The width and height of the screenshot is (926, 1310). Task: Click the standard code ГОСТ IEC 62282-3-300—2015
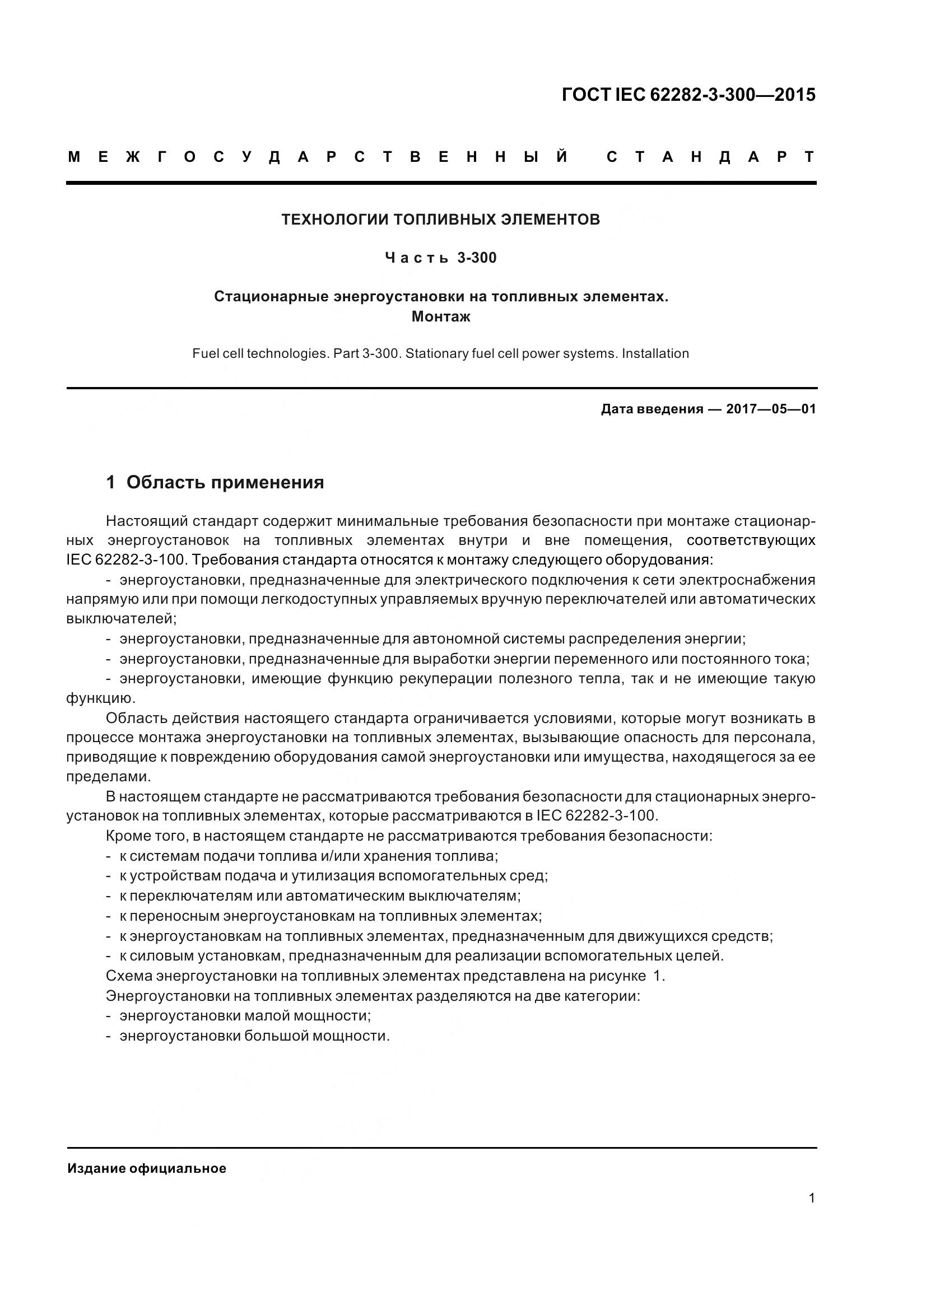coord(688,95)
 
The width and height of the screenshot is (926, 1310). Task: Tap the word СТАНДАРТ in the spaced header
coord(710,157)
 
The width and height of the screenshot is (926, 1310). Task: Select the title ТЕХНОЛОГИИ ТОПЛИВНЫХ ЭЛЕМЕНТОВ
coord(440,220)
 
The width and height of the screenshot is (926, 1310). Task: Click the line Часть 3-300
coord(440,258)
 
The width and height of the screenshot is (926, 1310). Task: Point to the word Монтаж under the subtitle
coord(440,316)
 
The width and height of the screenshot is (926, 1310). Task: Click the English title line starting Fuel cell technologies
coord(440,354)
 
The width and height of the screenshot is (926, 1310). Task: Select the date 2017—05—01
coord(770,409)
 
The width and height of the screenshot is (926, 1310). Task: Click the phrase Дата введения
coord(652,409)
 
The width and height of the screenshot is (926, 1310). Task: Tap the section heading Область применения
coord(225,483)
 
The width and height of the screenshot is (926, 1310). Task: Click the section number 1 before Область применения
coord(111,483)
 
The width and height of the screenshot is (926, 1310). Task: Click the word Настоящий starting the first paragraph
coord(147,521)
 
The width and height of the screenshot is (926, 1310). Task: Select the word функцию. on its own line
coord(101,698)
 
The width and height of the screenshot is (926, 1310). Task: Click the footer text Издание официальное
coord(147,1168)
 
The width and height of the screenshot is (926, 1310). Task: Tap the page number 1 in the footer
coord(811,1198)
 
